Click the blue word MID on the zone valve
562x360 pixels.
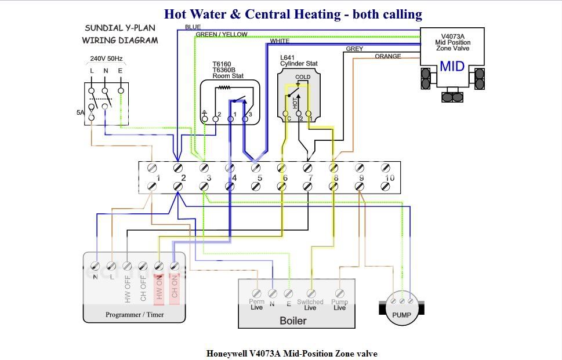[452, 66]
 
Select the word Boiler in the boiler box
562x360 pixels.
[293, 321]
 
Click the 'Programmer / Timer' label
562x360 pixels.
[135, 315]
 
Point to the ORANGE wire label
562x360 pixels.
[388, 56]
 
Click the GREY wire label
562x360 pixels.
[354, 49]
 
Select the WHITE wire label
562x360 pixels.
[280, 41]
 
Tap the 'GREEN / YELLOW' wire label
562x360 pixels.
[222, 34]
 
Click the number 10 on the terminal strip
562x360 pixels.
[390, 178]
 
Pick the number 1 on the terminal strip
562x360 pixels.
[157, 178]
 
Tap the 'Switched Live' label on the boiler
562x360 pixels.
[310, 304]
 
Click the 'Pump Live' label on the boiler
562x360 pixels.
[340, 304]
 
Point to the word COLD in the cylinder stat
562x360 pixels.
[303, 77]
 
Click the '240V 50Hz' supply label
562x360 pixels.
[106, 59]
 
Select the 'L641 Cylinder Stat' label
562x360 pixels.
[299, 60]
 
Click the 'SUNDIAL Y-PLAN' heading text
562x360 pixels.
[120, 28]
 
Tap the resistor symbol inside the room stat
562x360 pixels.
[224, 88]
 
